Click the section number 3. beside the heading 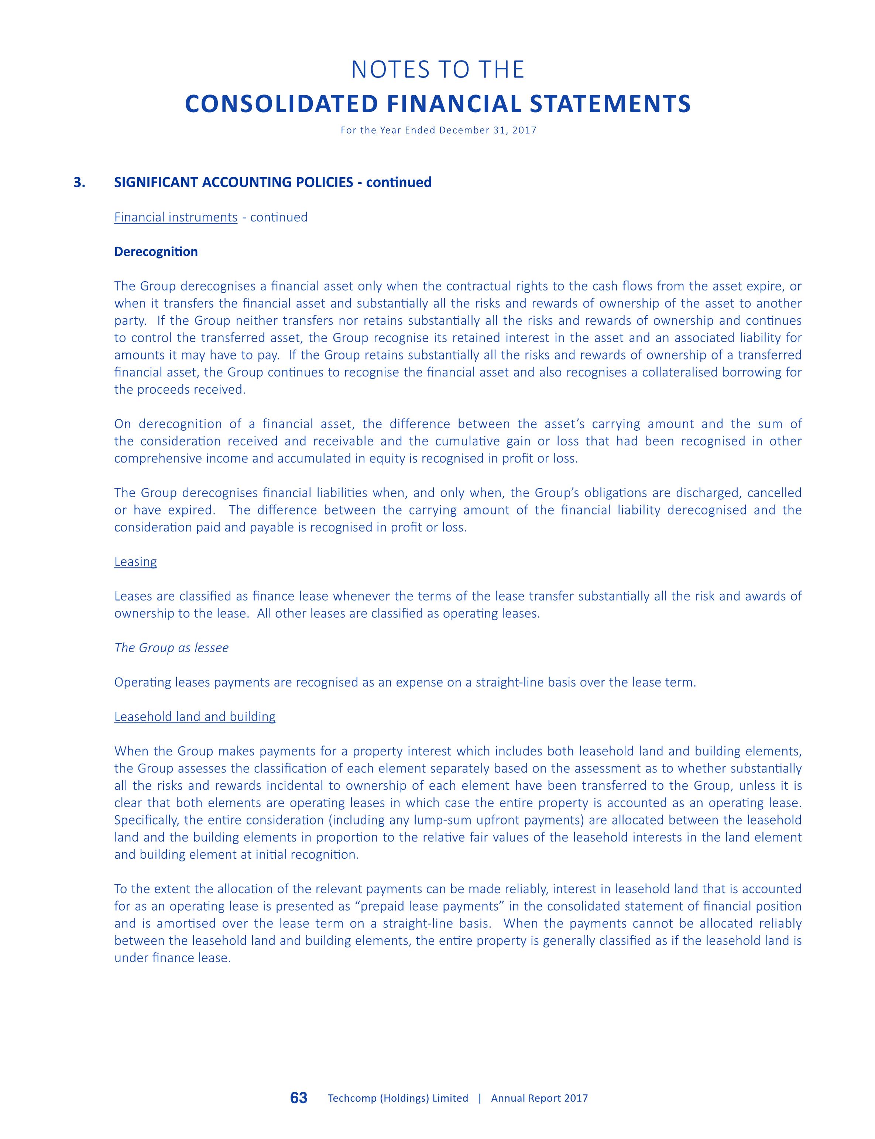point(80,182)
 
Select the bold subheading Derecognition point(156,252)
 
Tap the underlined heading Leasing point(135,562)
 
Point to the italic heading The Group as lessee point(171,648)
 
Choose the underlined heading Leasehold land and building point(195,717)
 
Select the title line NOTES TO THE point(437,70)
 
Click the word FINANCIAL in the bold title point(453,104)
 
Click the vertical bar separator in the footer point(480,1098)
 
